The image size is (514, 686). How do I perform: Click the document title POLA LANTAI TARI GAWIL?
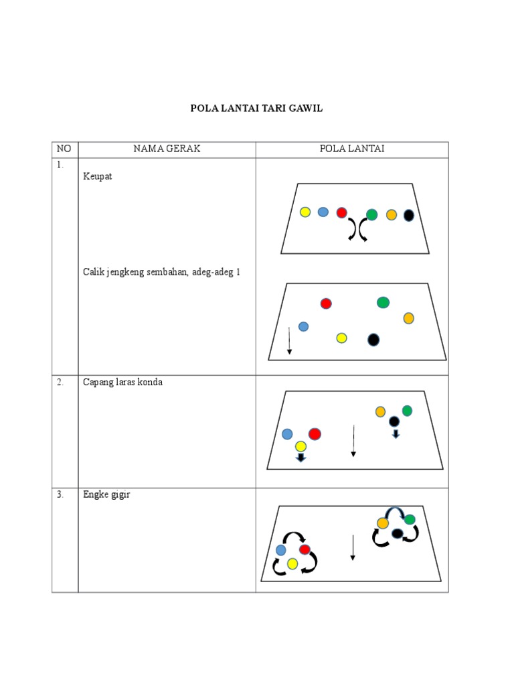pos(257,108)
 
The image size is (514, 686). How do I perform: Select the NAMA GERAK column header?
pos(167,149)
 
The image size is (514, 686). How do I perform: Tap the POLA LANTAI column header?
pos(351,149)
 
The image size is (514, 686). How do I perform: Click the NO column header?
pos(64,149)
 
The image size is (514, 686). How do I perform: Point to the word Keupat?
pos(98,177)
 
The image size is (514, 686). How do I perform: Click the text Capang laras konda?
pos(122,383)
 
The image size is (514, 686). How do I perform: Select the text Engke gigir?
pos(106,495)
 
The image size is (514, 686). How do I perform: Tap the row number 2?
pos(60,383)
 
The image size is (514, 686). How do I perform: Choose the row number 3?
pos(60,495)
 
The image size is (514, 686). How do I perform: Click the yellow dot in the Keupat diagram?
pos(305,212)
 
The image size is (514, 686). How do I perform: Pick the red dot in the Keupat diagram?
pos(341,213)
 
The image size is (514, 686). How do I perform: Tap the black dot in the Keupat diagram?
pos(409,215)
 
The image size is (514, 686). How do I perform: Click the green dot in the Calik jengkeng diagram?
pos(383,303)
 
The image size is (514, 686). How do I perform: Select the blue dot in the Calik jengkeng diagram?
pos(303,327)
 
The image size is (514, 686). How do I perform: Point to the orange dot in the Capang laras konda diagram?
pos(380,411)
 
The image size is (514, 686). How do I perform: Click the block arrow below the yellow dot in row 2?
pos(301,458)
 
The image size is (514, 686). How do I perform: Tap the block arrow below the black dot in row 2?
pos(396,434)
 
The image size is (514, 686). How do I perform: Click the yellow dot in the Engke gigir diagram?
pos(292,564)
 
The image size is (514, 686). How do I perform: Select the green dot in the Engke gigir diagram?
pos(410,519)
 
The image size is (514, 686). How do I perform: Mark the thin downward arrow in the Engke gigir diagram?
pos(352,547)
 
